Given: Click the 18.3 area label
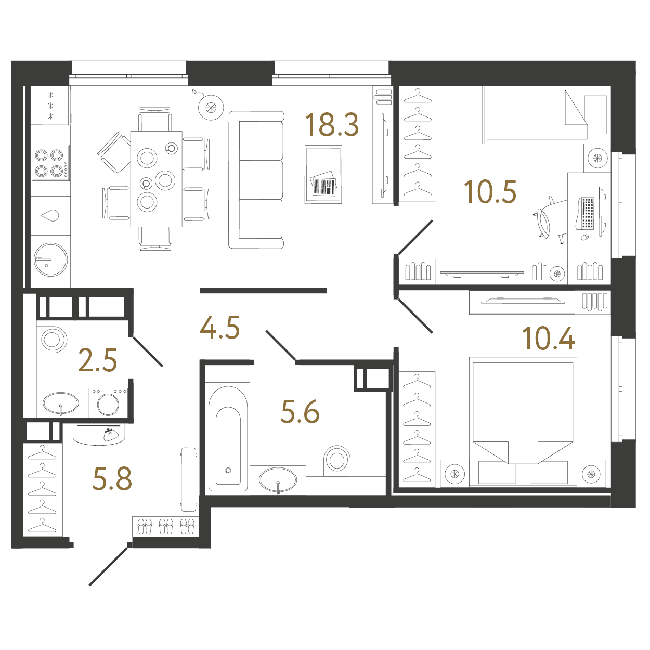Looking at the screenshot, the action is (332, 125).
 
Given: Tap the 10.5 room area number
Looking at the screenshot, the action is (490, 191).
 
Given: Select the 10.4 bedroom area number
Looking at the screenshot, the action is (548, 339).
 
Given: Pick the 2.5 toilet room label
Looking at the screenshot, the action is (97, 360).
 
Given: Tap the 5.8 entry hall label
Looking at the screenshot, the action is (112, 478).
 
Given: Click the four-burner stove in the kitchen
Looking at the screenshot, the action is (50, 163).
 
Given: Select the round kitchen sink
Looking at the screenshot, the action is (50, 259).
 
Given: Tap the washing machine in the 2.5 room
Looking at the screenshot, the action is (108, 403).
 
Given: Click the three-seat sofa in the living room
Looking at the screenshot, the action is (256, 180).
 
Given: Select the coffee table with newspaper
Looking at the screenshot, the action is (323, 174).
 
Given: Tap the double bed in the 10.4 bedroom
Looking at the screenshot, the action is (523, 422).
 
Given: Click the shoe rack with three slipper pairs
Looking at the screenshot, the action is (165, 526).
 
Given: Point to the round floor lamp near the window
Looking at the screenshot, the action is (211, 107).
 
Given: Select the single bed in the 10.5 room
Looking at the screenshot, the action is (536, 115).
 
